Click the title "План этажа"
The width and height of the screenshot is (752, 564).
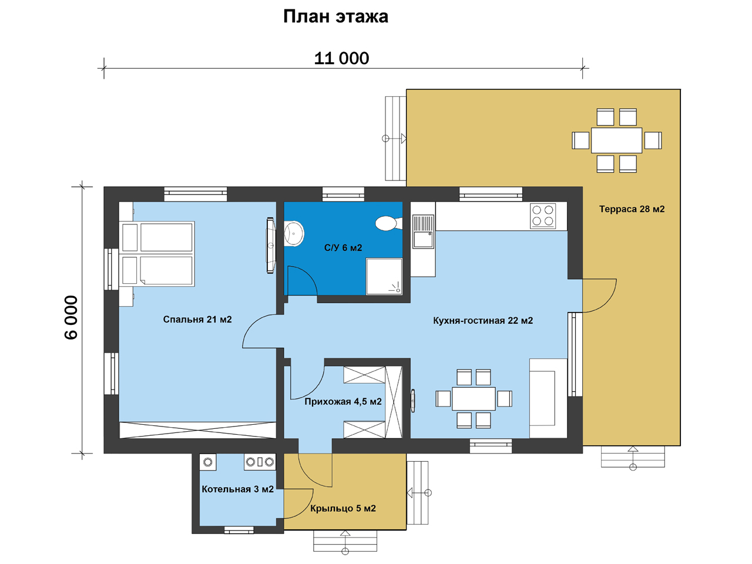pos(335,17)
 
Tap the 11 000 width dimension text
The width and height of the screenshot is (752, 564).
pos(341,58)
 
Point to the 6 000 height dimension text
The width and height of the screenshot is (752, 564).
pos(71,317)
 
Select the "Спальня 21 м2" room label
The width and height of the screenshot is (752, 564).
pos(197,320)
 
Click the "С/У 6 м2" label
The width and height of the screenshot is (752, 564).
pos(343,247)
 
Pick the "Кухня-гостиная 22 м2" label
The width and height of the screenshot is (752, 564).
pos(483,321)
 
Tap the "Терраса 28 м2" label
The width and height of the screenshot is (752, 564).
pos(632,209)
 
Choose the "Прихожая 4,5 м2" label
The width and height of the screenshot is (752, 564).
pos(343,401)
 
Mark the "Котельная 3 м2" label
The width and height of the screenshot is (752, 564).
pos(237,489)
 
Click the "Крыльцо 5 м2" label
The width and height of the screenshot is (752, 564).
pos(343,508)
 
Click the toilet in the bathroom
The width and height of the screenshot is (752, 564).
pos(389,223)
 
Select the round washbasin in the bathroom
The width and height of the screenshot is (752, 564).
pos(294,234)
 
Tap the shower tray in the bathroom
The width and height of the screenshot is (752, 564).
pos(384,276)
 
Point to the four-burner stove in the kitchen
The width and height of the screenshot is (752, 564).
pos(543,216)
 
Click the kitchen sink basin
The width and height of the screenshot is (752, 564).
pos(423,239)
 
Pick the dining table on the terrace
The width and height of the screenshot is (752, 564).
pos(616,140)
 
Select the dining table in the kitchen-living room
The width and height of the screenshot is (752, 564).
pos(474,398)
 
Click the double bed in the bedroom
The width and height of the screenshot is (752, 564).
pos(157,254)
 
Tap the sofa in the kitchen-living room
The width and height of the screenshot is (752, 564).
pos(548,398)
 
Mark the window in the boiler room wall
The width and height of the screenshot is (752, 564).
pos(239,530)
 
